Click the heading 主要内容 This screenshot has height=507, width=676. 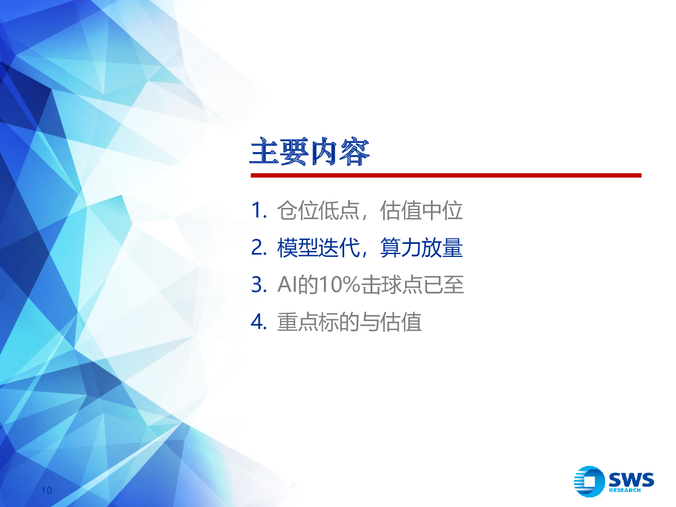[x=309, y=152]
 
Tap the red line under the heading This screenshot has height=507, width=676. [x=446, y=175]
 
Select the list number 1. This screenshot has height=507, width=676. [x=259, y=211]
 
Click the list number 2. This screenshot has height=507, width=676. [x=259, y=247]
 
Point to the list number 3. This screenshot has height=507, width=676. [x=259, y=284]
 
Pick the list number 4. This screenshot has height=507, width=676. [x=259, y=322]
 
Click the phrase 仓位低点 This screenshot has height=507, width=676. [x=318, y=211]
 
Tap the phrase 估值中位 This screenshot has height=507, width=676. [x=421, y=211]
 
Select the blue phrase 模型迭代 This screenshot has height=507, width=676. [x=318, y=247]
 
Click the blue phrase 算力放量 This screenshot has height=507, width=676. [x=421, y=247]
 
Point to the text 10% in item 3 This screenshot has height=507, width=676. [x=340, y=284]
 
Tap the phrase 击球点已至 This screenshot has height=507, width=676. [x=412, y=284]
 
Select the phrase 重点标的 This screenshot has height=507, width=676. [x=318, y=322]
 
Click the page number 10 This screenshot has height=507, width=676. [x=47, y=490]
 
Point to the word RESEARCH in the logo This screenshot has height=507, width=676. [x=625, y=490]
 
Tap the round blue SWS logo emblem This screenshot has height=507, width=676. [x=589, y=482]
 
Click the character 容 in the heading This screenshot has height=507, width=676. [x=354, y=152]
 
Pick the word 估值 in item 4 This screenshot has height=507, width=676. [x=401, y=322]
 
